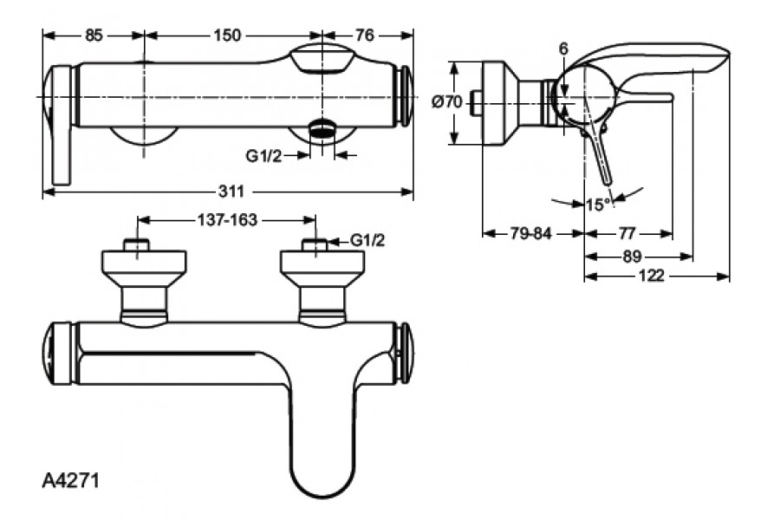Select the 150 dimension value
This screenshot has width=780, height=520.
point(226,35)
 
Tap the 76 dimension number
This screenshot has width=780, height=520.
point(365,35)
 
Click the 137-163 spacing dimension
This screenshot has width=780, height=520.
point(228,220)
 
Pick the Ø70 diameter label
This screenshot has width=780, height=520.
point(447,102)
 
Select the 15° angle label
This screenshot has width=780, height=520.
point(599,205)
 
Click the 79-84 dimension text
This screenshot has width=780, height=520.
point(531,233)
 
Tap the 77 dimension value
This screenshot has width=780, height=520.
point(627,233)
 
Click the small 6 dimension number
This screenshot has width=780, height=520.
point(563,49)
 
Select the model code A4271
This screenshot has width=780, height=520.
point(71,479)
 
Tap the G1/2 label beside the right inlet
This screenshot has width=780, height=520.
point(367,240)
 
